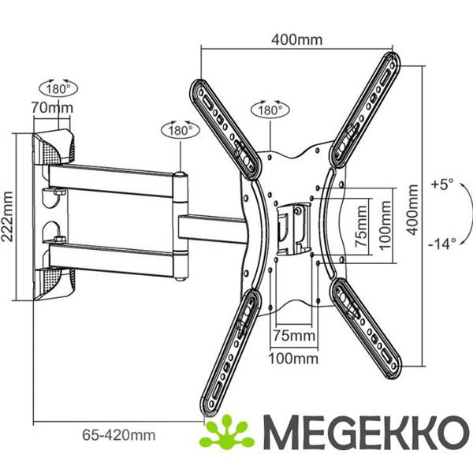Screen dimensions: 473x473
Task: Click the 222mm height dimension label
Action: tap(7, 217)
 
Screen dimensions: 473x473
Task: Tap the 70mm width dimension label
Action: tap(52, 108)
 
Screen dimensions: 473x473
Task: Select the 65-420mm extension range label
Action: tap(119, 435)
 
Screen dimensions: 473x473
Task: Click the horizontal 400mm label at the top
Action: tap(297, 40)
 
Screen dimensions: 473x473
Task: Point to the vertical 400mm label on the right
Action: tap(412, 210)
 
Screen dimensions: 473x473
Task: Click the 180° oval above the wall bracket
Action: tap(58, 88)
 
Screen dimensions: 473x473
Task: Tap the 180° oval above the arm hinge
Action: tap(181, 131)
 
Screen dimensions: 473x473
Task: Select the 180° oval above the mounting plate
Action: tap(270, 110)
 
